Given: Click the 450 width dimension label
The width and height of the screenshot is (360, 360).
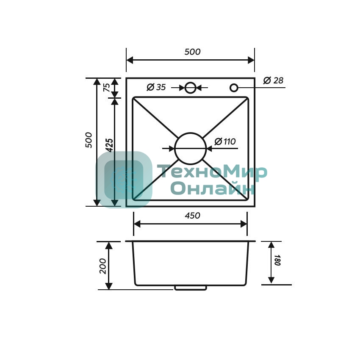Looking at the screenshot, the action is [192, 216].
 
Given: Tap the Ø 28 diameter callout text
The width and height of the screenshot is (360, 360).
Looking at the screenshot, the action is [273, 80].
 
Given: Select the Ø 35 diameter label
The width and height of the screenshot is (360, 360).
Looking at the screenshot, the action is [156, 87].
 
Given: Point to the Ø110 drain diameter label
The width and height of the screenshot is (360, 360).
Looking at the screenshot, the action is [225, 141].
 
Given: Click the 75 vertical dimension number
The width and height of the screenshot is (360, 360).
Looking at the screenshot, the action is [107, 88].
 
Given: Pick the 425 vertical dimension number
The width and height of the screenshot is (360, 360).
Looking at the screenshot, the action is [110, 145].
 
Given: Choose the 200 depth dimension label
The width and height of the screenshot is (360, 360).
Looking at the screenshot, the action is [102, 266].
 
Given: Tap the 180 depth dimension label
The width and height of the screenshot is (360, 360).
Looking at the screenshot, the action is [277, 260].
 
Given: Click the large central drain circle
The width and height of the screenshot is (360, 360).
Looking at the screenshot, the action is [190, 133].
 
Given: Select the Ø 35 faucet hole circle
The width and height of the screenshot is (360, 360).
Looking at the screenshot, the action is [190, 82].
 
